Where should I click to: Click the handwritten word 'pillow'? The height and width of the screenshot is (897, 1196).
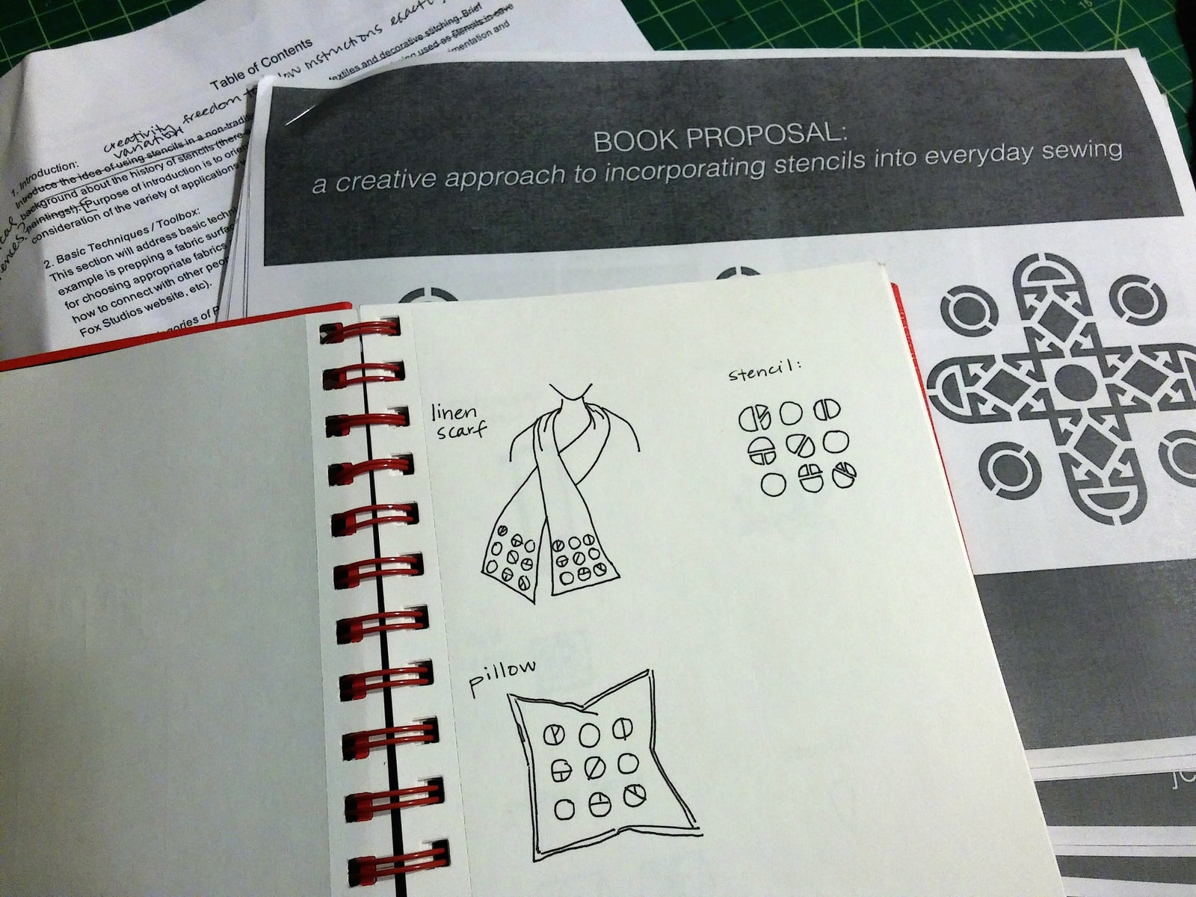[502, 675]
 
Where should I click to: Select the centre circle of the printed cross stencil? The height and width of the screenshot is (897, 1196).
[1073, 380]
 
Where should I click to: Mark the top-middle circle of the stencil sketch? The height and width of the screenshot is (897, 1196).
[790, 412]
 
